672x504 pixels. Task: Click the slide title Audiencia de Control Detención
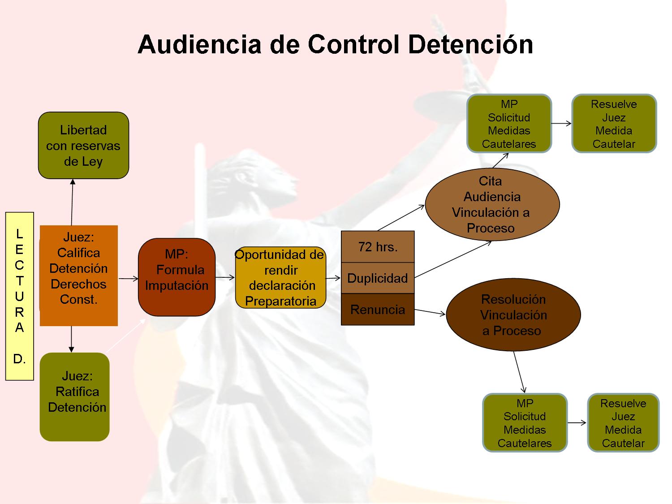point(335,44)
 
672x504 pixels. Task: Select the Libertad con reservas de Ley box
point(83,146)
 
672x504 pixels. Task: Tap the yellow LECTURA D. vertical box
point(19,296)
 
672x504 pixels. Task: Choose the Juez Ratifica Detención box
point(75,397)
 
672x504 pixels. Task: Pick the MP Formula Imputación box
point(177,277)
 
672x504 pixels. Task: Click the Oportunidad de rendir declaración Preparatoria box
point(280,278)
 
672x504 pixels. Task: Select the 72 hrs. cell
point(378,246)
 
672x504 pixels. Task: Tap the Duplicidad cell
point(378,278)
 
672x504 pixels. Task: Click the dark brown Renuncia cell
point(378,310)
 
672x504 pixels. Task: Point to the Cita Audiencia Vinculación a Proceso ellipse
point(492,205)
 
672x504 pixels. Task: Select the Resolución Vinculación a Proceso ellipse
point(513,314)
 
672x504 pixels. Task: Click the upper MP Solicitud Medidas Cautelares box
point(509,124)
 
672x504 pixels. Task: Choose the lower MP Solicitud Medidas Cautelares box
point(525,423)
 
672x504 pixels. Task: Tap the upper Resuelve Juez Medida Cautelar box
point(614,124)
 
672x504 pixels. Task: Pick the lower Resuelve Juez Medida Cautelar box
point(623,423)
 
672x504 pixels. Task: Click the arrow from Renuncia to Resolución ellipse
point(430,312)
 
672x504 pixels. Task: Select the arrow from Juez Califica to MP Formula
point(129,279)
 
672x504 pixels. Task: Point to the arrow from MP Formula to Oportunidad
point(225,278)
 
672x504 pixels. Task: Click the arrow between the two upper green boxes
point(561,123)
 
